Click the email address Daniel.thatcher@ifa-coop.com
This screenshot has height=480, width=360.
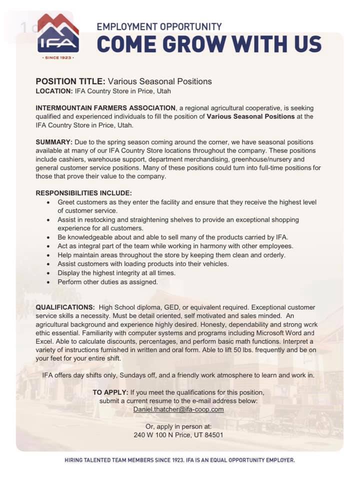178,409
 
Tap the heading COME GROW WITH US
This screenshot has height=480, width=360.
209,44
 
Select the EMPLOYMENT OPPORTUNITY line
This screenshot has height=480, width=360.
159,26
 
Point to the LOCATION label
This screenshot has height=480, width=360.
54,91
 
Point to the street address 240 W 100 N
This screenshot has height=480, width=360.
152,434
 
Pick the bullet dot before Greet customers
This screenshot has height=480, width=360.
47,202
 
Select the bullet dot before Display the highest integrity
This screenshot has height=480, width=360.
47,273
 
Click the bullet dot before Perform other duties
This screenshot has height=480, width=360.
47,282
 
